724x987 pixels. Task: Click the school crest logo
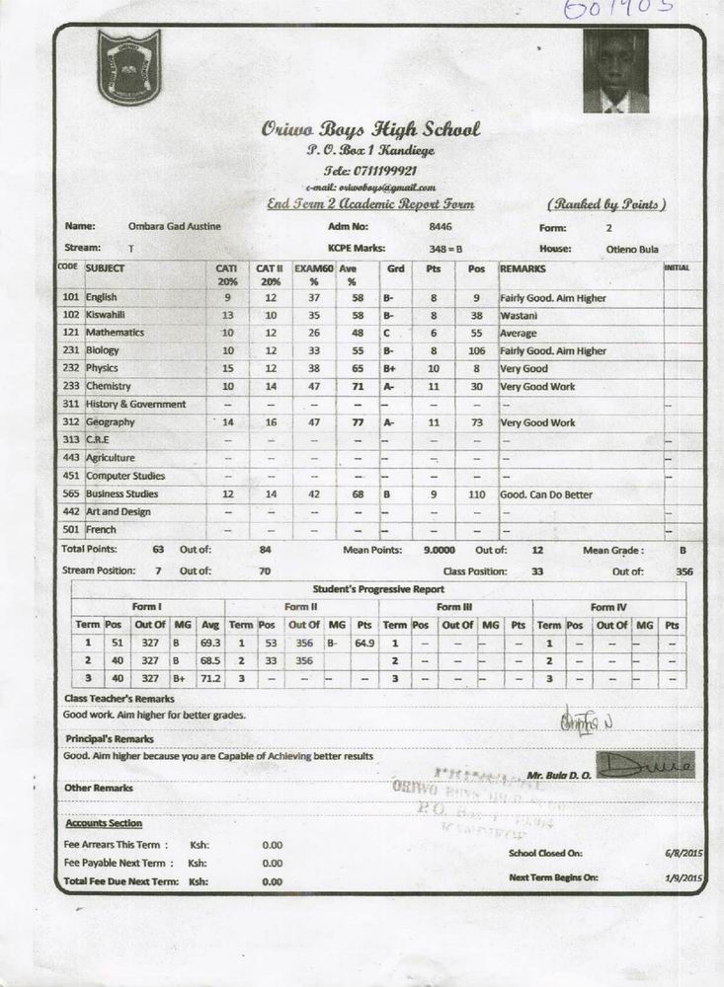point(128,66)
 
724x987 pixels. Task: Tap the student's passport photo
point(615,71)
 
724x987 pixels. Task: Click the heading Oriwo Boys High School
point(370,128)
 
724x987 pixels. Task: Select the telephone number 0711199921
point(370,169)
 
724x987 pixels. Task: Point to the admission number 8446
point(440,227)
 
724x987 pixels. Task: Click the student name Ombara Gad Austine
point(174,227)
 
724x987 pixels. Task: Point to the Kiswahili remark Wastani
point(518,315)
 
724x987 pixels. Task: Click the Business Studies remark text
point(546,494)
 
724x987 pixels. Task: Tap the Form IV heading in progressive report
point(609,606)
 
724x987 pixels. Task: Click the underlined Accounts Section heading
point(104,823)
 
